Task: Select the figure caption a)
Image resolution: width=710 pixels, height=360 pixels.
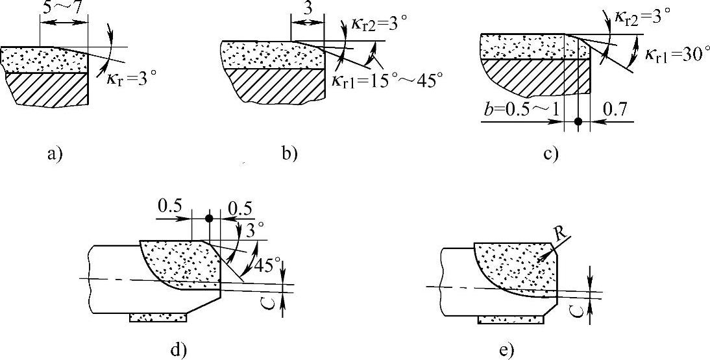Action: coord(54,154)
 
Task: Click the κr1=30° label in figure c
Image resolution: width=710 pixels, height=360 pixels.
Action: coord(673,54)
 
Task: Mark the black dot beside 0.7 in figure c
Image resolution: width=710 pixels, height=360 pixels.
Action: coord(578,121)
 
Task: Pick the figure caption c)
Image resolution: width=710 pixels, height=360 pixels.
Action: coord(550,154)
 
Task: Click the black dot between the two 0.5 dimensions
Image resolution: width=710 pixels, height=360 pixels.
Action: coord(209,219)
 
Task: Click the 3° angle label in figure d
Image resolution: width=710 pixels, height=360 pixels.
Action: coord(249,232)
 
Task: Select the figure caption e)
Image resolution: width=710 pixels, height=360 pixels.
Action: coord(506,350)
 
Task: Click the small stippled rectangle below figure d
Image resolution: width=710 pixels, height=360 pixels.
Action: coord(159,318)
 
